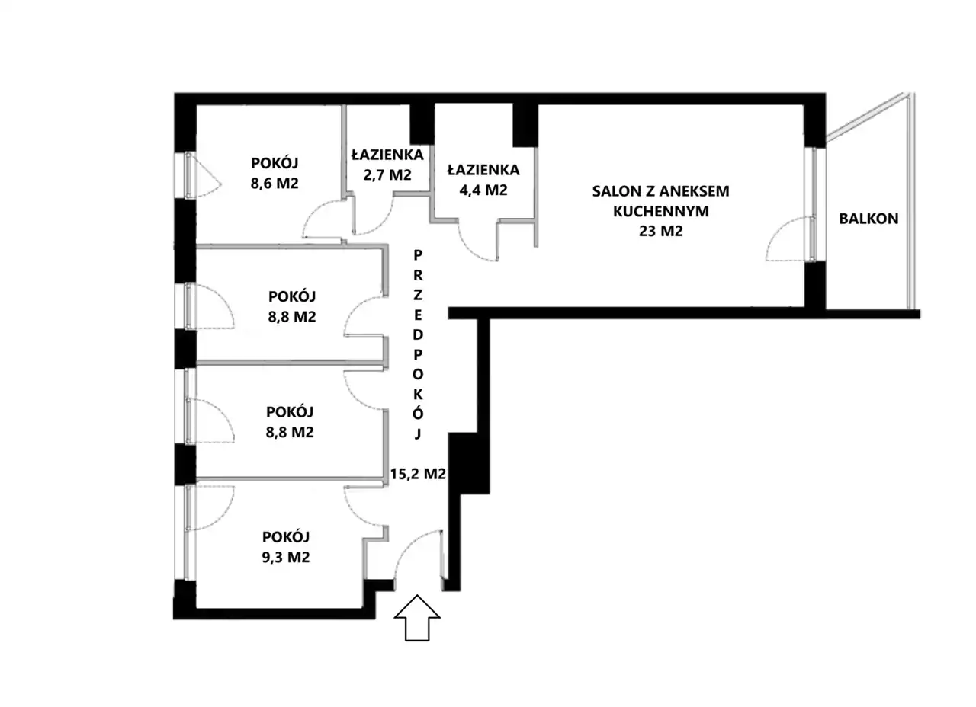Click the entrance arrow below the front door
pyautogui.click(x=417, y=618)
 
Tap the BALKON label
pyautogui.click(x=868, y=219)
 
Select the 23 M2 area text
pyautogui.click(x=660, y=231)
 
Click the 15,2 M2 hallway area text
pyautogui.click(x=418, y=474)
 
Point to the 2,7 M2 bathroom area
pyautogui.click(x=387, y=174)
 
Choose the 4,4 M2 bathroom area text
pyautogui.click(x=483, y=190)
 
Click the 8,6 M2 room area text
pyautogui.click(x=274, y=183)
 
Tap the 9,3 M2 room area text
pyautogui.click(x=286, y=557)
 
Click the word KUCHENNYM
pyautogui.click(x=661, y=211)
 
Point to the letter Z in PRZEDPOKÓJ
pyautogui.click(x=418, y=295)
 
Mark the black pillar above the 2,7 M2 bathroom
pyautogui.click(x=422, y=124)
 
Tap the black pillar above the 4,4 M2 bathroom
pyautogui.click(x=525, y=126)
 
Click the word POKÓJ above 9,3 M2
pyautogui.click(x=286, y=537)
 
